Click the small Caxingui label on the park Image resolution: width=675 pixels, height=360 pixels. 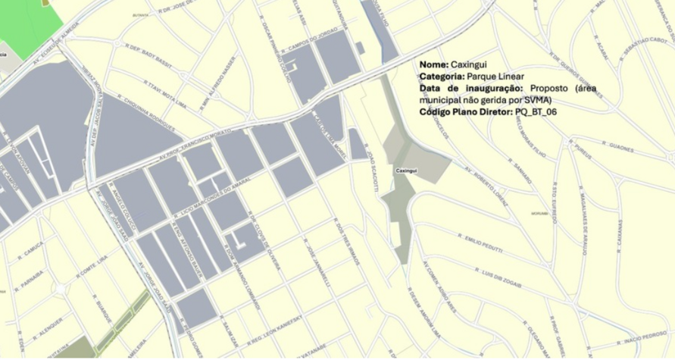406,171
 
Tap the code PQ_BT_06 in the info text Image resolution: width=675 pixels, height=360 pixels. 536,111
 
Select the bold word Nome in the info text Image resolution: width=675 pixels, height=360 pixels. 433,64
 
